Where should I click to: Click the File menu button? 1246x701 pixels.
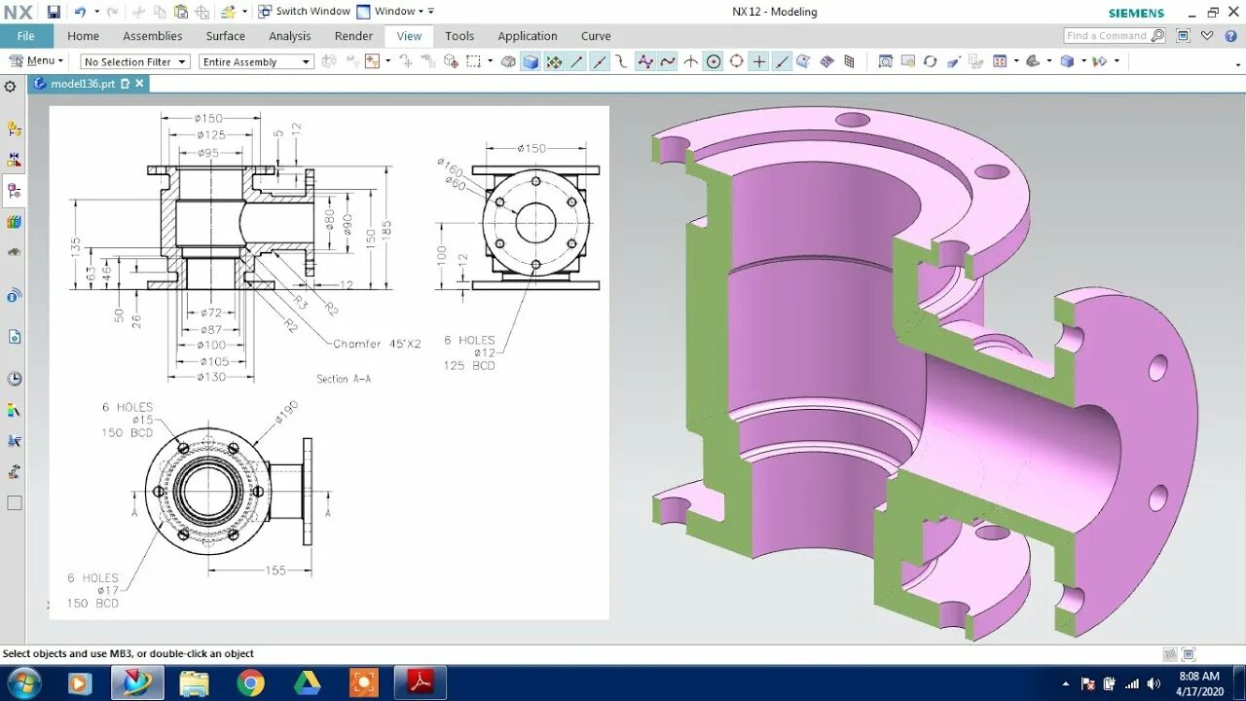(26, 36)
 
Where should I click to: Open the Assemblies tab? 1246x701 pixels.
(152, 36)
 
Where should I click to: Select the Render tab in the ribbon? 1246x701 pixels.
(353, 36)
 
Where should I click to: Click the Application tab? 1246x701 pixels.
(527, 36)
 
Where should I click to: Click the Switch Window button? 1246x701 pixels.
(304, 12)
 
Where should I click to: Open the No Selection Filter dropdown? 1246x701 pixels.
(134, 61)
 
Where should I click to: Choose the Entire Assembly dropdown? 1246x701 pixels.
(257, 61)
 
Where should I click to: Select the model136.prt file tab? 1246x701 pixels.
(83, 84)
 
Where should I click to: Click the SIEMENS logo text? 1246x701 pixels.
(1136, 13)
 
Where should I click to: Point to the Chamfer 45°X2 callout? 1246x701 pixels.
(377, 344)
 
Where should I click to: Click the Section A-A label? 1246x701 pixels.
(344, 379)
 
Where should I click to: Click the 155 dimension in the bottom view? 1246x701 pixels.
(275, 571)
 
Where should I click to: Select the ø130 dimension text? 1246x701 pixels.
(210, 376)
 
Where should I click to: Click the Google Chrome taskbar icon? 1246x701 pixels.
(250, 683)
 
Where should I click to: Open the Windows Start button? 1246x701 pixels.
(23, 683)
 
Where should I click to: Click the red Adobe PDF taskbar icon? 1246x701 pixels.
(421, 683)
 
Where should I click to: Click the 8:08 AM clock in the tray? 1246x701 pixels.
(1198, 676)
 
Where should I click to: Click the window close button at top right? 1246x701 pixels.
(1233, 12)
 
